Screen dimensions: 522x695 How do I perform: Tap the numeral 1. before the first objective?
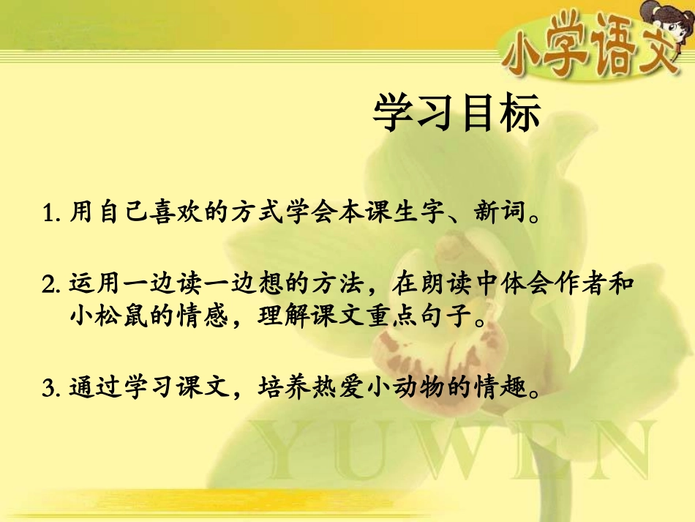click(x=52, y=215)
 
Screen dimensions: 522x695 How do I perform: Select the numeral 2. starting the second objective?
click(x=52, y=283)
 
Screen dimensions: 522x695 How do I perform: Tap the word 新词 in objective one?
click(x=500, y=215)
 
